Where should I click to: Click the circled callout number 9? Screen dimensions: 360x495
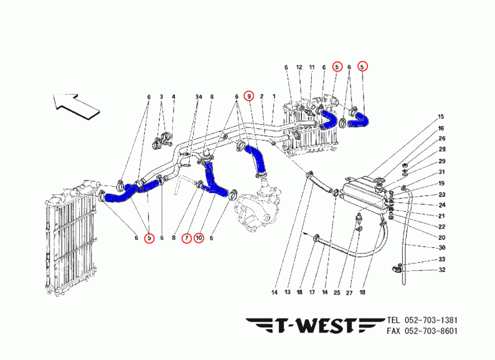pyautogui.click(x=249, y=96)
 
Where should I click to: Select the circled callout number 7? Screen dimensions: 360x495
pyautogui.click(x=186, y=237)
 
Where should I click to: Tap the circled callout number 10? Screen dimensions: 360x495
pyautogui.click(x=199, y=237)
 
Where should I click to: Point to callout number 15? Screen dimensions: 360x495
pyautogui.click(x=442, y=117)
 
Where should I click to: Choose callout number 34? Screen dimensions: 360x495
pyautogui.click(x=199, y=97)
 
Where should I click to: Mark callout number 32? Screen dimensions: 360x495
pyautogui.click(x=442, y=270)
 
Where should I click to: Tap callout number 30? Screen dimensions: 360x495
pyautogui.click(x=442, y=248)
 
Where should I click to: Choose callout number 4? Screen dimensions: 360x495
pyautogui.click(x=173, y=97)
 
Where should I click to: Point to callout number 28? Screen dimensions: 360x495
pyautogui.click(x=442, y=150)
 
